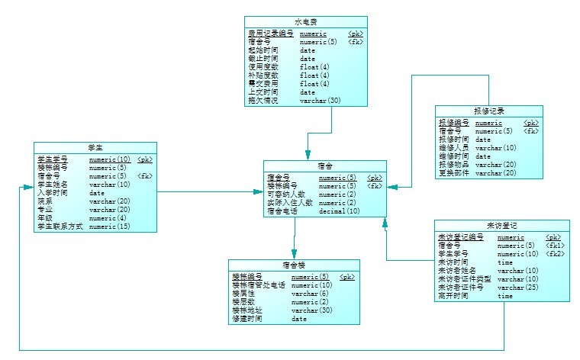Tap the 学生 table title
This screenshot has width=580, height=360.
[95, 146]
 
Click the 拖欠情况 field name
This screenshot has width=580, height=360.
[263, 101]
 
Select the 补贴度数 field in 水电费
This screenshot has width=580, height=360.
[263, 76]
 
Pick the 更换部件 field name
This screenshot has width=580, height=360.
[453, 173]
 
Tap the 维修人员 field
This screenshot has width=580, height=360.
[453, 148]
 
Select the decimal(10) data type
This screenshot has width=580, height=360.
[339, 211]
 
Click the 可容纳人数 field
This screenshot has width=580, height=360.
[286, 194]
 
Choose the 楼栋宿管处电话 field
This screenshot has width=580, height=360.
[259, 285]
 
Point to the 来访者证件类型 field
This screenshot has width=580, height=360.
[462, 279]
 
